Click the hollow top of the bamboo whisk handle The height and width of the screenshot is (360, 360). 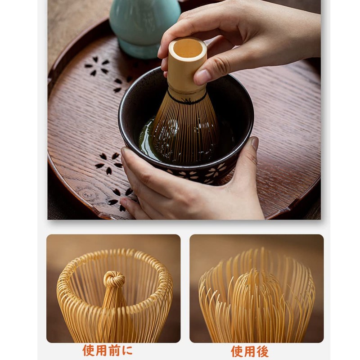point(188,48)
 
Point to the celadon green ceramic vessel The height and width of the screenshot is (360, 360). point(144,22)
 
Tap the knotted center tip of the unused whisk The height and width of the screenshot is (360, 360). point(114,279)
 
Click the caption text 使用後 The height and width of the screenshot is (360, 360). point(249,351)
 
